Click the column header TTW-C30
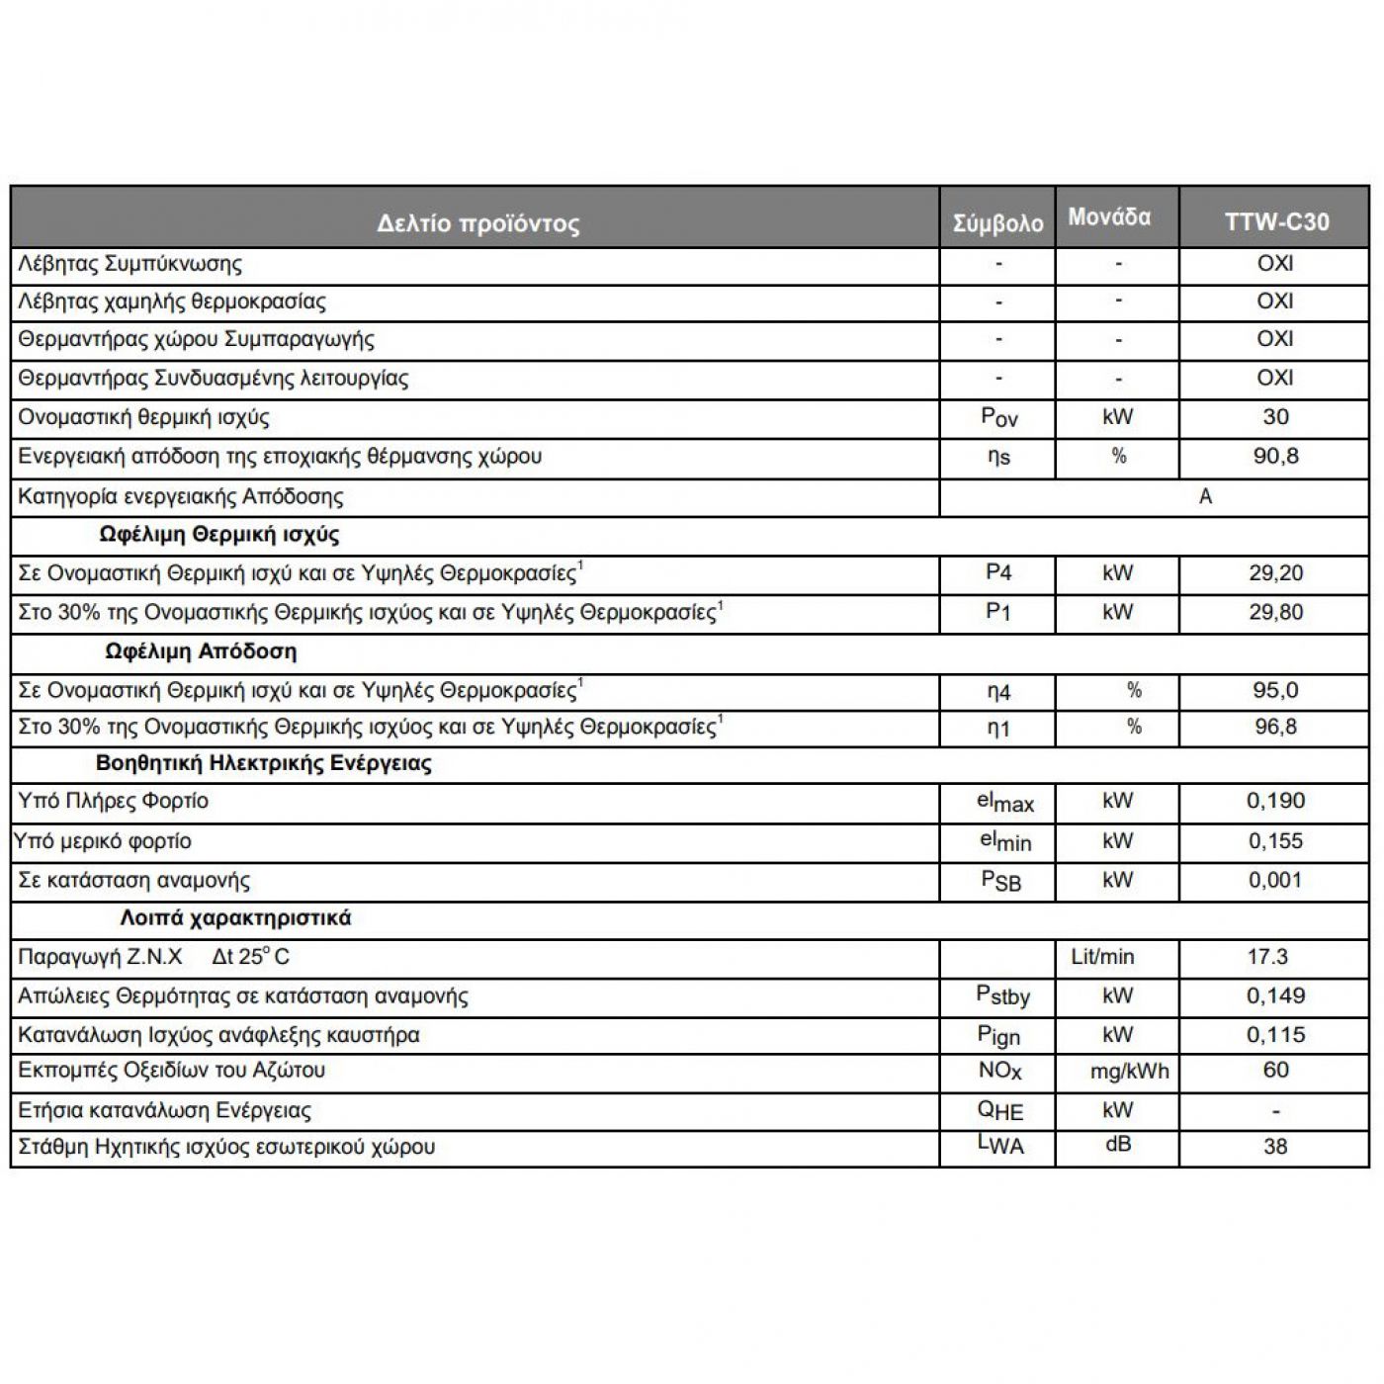coord(1276,221)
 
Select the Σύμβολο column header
coord(997,223)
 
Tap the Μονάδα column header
coord(1109,216)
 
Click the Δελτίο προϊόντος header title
coord(477,222)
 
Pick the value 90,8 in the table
coord(1275,456)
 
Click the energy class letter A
coord(1205,496)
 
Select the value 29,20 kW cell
coord(1275,572)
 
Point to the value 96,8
coord(1275,728)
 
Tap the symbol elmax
coord(1004,802)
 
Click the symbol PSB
coord(1000,880)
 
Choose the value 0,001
coord(1275,880)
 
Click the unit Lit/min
coord(1102,957)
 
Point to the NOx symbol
coord(999,1071)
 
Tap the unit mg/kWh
coord(1129,1071)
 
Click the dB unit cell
coord(1117,1145)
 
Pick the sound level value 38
coord(1275,1147)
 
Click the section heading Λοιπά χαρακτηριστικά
coord(235,917)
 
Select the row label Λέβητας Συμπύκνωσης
coord(130,264)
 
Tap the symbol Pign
coord(998,1035)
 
